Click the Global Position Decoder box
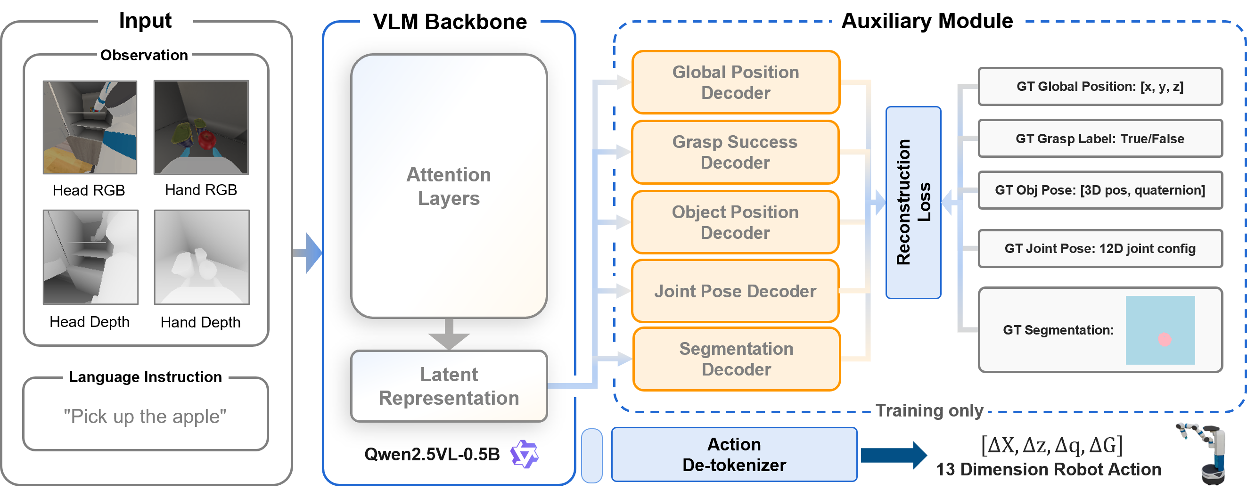click(735, 82)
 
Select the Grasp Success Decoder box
click(735, 152)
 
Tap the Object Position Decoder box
click(735, 222)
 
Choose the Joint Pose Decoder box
click(735, 291)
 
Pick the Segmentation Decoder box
click(736, 359)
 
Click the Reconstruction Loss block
click(913, 203)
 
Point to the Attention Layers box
click(449, 186)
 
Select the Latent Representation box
click(449, 386)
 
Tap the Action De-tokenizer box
click(734, 454)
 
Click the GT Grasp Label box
click(1100, 139)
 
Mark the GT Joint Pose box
click(1100, 248)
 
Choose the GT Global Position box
click(1100, 87)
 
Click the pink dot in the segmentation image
click(1164, 339)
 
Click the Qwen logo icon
click(524, 454)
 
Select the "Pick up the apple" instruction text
click(145, 416)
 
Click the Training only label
click(929, 410)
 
